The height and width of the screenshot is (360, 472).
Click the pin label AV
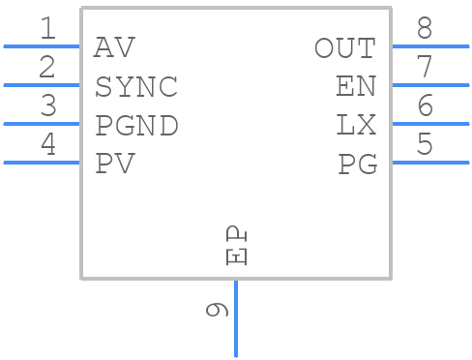pyautogui.click(x=114, y=47)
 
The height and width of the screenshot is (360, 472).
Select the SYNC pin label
pyautogui.click(x=136, y=87)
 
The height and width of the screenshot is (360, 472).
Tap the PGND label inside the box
pyautogui.click(x=136, y=126)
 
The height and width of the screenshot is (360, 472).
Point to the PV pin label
pyautogui.click(x=114, y=165)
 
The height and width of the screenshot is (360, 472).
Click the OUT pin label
pyautogui.click(x=345, y=48)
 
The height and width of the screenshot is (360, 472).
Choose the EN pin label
pyautogui.click(x=355, y=87)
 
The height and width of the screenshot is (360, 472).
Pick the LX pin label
pyautogui.click(x=356, y=126)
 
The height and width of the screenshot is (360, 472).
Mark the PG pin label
pyautogui.click(x=357, y=165)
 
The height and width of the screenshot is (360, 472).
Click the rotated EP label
pyautogui.click(x=236, y=246)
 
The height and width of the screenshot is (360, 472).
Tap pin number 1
pyautogui.click(x=47, y=29)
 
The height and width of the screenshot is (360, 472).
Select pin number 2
pyautogui.click(x=47, y=68)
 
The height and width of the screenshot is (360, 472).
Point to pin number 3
pyautogui.click(x=47, y=106)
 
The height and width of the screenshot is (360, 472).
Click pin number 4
pyautogui.click(x=47, y=145)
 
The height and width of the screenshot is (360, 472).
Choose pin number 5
pyautogui.click(x=424, y=145)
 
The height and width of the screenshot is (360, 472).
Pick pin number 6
pyautogui.click(x=424, y=106)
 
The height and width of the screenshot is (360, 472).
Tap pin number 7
pyautogui.click(x=424, y=68)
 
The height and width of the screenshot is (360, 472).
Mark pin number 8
pyautogui.click(x=424, y=29)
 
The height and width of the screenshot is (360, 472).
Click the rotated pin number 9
pyautogui.click(x=217, y=310)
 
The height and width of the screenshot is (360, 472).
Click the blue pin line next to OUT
pyautogui.click(x=429, y=45)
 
